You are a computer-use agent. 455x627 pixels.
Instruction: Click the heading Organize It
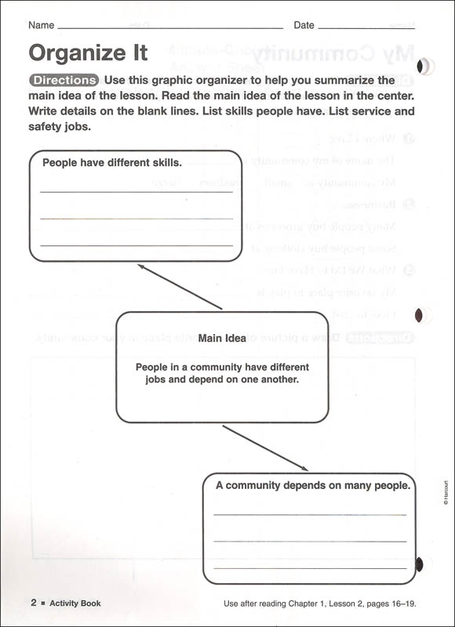click(88, 53)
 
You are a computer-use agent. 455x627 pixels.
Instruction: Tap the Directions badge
click(64, 80)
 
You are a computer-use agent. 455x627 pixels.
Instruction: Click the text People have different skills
click(112, 164)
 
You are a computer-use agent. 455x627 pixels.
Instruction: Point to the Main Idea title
click(222, 339)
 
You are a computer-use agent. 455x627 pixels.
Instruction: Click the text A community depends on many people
click(313, 486)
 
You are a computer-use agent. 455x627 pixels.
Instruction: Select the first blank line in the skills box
click(136, 192)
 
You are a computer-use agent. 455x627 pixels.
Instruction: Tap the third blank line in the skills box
click(136, 245)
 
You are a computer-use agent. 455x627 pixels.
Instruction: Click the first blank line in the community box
click(310, 515)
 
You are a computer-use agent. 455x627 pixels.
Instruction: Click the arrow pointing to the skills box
click(180, 286)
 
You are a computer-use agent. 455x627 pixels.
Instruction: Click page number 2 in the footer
click(34, 603)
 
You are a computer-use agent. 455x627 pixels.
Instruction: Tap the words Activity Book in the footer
click(75, 603)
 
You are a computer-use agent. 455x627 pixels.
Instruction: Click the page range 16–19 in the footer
click(400, 603)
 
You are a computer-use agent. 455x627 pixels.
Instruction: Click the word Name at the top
click(41, 25)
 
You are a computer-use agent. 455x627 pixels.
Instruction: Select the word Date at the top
click(304, 25)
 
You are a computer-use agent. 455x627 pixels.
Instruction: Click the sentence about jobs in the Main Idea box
click(222, 373)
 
